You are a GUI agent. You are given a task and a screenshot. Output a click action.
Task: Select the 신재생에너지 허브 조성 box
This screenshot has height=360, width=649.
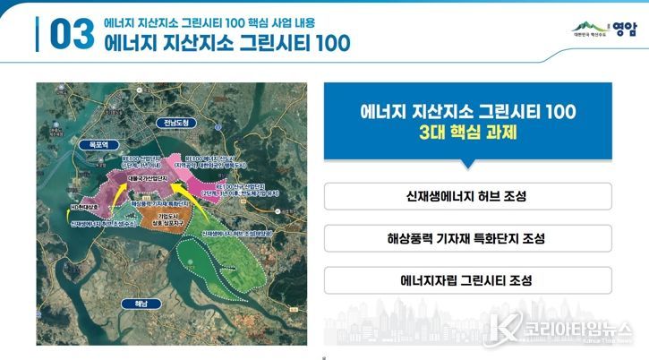click(x=467, y=196)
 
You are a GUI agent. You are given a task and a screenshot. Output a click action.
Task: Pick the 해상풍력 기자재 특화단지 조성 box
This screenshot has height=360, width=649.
click(x=467, y=238)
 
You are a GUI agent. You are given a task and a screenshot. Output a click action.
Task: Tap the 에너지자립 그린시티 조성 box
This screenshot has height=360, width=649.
click(x=467, y=280)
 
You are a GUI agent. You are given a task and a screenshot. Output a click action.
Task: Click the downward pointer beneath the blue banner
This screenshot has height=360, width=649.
click(x=467, y=165)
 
